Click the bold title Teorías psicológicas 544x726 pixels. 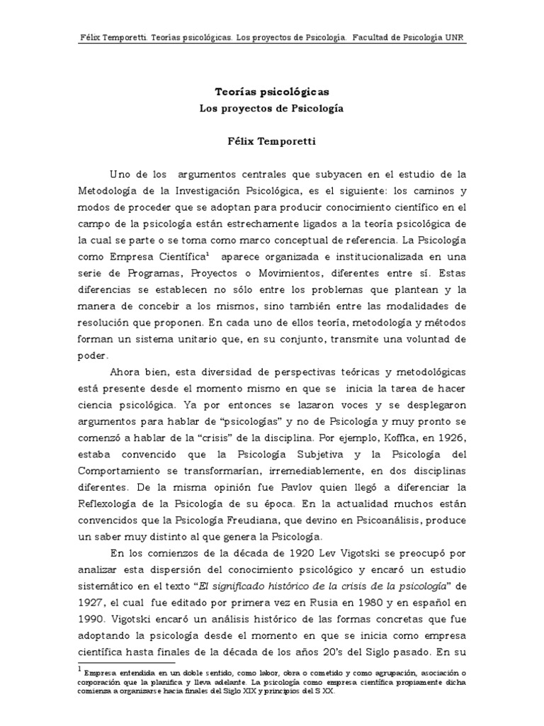click(x=272, y=92)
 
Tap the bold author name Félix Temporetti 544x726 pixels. click(x=272, y=142)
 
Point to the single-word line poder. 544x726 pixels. click(x=93, y=357)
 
